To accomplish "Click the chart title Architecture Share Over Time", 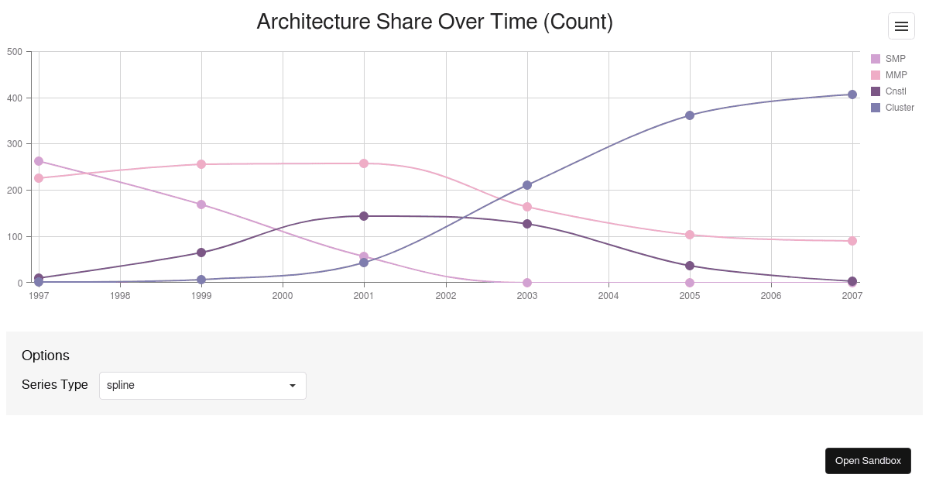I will [x=434, y=22].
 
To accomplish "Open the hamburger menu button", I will [x=901, y=26].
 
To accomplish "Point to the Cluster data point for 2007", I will [x=852, y=95].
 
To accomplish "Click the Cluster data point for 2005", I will [x=690, y=115].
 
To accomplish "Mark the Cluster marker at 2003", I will [x=527, y=185].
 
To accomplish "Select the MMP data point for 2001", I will [x=364, y=163].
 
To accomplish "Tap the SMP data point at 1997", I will [x=39, y=161].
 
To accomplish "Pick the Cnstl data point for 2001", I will [x=364, y=216].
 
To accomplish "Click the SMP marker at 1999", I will [x=201, y=204].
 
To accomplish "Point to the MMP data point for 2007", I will [x=852, y=241].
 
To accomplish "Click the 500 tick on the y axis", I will [x=15, y=52].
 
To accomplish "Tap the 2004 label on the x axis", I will [x=608, y=296].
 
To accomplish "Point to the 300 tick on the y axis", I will [x=15, y=144].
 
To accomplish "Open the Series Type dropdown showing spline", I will [x=203, y=386].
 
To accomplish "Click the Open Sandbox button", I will [x=868, y=461].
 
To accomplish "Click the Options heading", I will [x=46, y=356].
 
